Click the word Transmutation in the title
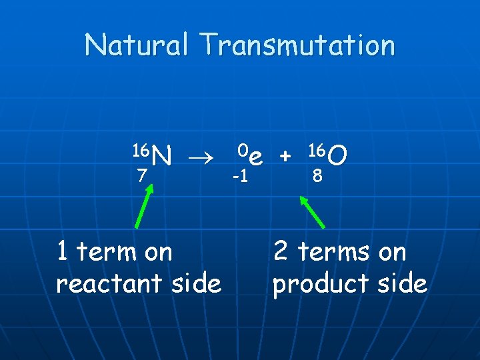click(300, 45)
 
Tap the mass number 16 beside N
click(141, 148)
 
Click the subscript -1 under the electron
click(240, 177)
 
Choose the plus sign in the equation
click(285, 157)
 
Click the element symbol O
click(337, 157)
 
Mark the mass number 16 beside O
click(317, 148)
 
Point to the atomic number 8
click(319, 177)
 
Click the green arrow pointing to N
click(145, 207)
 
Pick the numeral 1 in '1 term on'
click(62, 252)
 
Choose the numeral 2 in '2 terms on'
click(281, 252)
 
